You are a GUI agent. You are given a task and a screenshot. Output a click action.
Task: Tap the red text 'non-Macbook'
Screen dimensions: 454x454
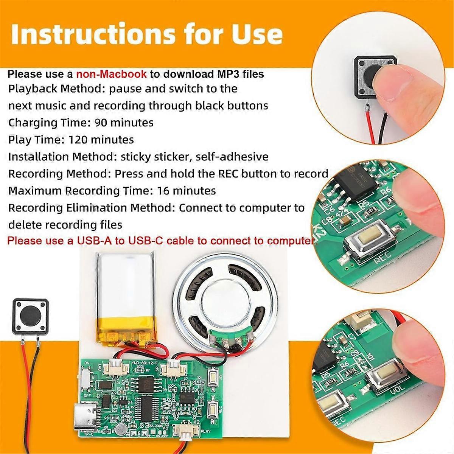pyautogui.click(x=111, y=74)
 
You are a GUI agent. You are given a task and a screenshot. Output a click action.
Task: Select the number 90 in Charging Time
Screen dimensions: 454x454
pyautogui.click(x=100, y=123)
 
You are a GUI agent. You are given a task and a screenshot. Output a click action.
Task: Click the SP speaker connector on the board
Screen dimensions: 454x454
pyautogui.click(x=174, y=366)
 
